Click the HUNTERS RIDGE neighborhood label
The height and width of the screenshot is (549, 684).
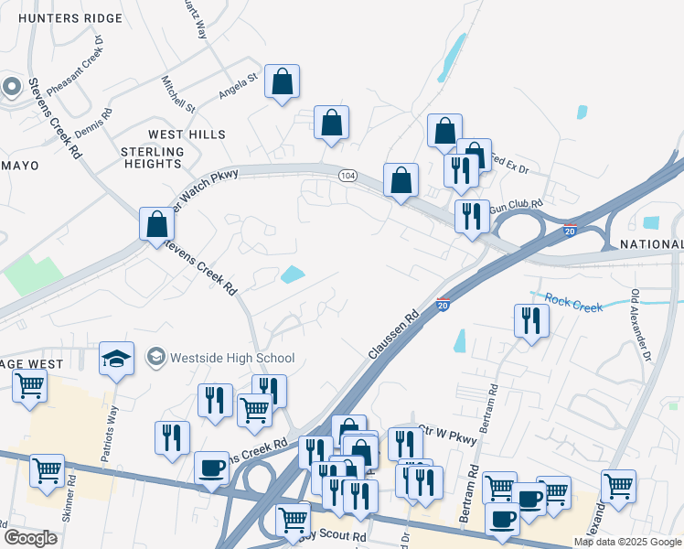tap(69, 18)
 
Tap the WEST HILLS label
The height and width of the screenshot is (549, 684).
tap(187, 135)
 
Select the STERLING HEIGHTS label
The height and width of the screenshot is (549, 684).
tap(153, 157)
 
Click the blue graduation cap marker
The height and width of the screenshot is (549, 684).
tap(117, 358)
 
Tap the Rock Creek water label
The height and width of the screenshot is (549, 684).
tap(574, 303)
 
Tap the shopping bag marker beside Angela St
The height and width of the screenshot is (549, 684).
tap(283, 81)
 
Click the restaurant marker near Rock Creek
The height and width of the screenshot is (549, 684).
tap(531, 320)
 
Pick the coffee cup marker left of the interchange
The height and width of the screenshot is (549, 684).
tap(211, 468)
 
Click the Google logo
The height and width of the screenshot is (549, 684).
tap(30, 537)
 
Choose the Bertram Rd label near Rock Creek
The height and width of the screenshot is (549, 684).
tap(491, 403)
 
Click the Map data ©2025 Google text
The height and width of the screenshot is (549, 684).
tap(627, 542)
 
